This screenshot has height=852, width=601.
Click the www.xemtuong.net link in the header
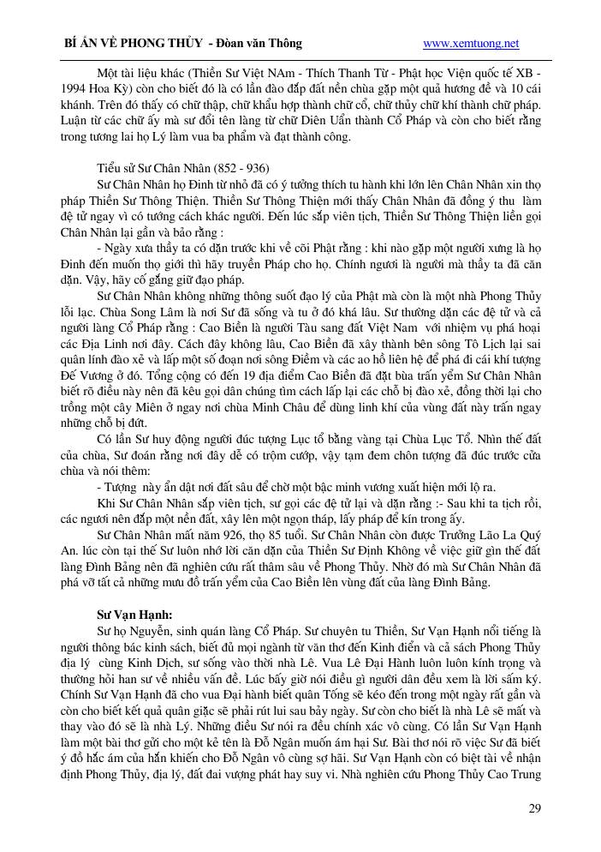[x=471, y=43]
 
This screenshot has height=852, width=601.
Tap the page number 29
[x=534, y=808]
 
